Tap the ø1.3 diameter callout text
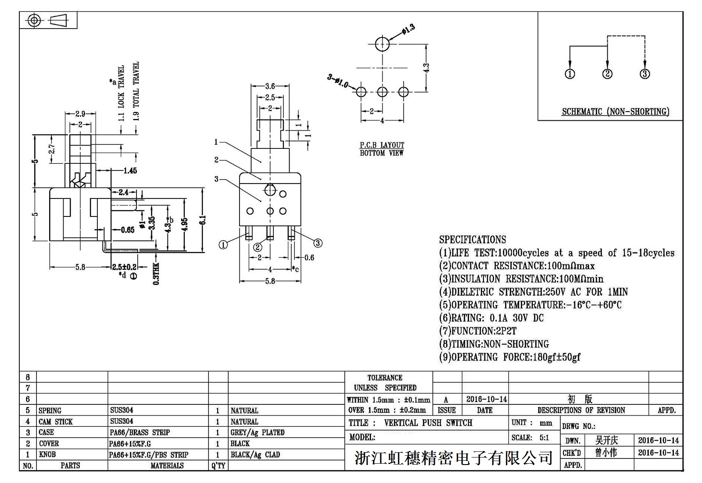(x=408, y=29)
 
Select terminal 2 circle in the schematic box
(x=607, y=74)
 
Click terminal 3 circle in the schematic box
(x=645, y=74)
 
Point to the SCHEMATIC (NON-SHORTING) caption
(x=615, y=112)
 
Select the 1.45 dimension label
(x=130, y=170)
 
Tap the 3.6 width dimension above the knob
(x=270, y=87)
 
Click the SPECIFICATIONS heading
(x=473, y=240)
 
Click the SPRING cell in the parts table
(x=50, y=411)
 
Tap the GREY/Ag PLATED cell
(x=258, y=433)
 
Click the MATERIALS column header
(x=167, y=465)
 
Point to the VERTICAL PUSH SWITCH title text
(x=428, y=423)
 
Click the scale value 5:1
(x=544, y=438)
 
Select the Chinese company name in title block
(x=453, y=458)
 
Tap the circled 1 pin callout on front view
(x=223, y=245)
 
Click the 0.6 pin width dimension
(x=309, y=258)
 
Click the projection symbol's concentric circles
(x=34, y=20)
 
